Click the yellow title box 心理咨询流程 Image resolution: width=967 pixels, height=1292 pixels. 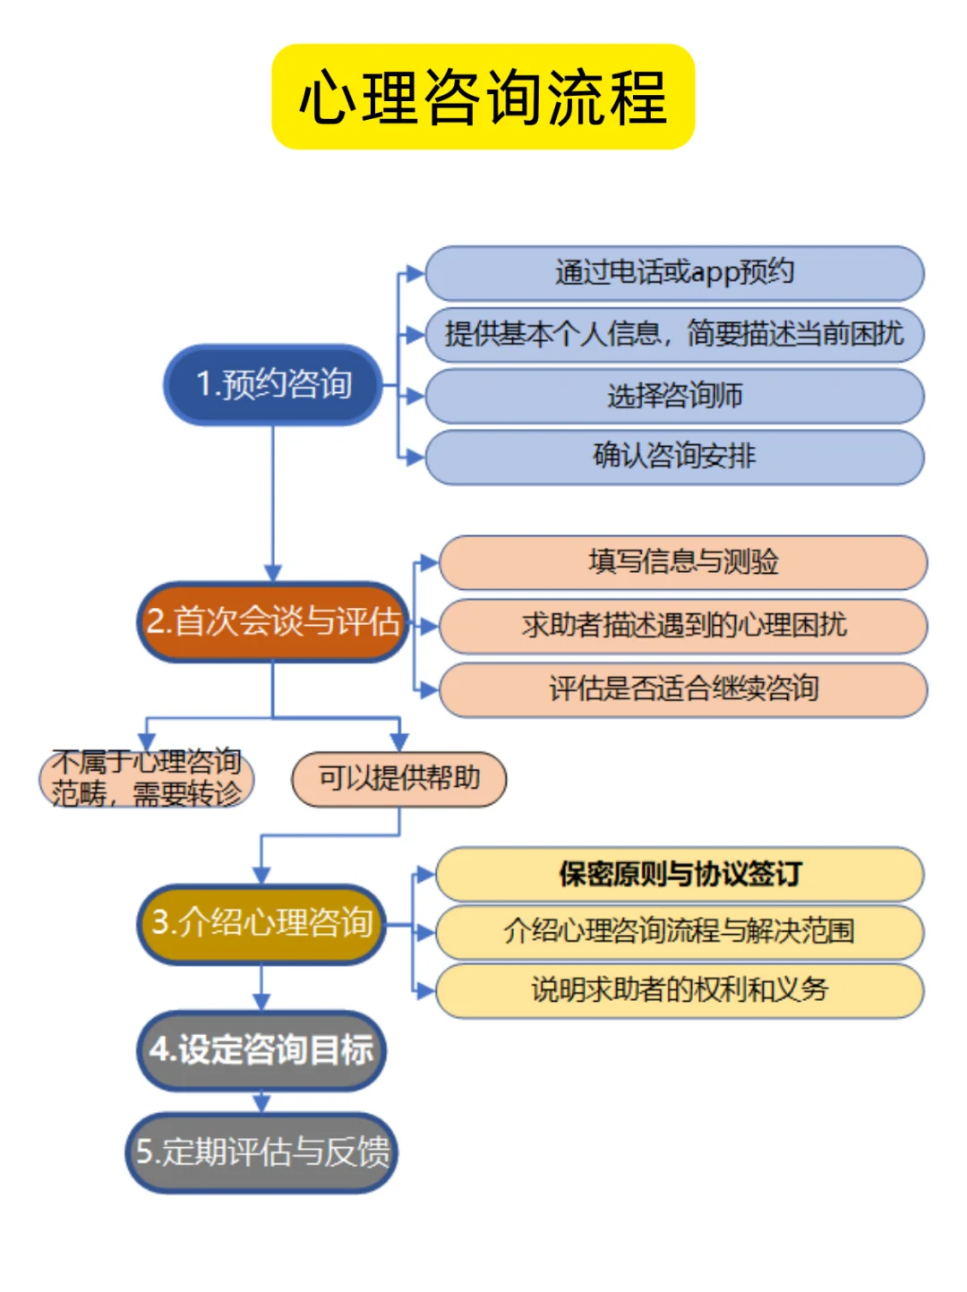[483, 97]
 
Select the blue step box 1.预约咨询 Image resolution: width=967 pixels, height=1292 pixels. [273, 384]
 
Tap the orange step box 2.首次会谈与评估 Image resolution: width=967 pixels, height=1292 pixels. [273, 621]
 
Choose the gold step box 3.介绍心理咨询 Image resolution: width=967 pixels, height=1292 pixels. [261, 923]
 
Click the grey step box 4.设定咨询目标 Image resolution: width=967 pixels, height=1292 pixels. [261, 1050]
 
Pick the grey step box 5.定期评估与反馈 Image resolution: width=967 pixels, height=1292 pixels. [261, 1152]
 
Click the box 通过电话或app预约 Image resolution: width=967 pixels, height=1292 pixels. [674, 273]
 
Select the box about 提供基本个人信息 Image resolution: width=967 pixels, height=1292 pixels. [674, 335]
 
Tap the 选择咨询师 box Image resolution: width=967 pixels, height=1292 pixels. [674, 396]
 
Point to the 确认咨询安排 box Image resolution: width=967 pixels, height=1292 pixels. [674, 457]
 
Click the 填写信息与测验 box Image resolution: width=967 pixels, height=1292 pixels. [683, 562]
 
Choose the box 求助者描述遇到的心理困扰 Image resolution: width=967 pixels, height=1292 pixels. [683, 625]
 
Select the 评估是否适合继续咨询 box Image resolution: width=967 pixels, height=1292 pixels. [683, 689]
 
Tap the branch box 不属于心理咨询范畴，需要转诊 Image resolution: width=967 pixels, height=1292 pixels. [147, 779]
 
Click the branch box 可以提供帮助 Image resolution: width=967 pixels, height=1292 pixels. [399, 779]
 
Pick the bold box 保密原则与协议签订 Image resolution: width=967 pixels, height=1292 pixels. [680, 874]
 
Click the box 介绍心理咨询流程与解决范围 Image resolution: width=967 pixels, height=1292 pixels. [680, 932]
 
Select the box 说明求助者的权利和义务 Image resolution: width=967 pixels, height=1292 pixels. [680, 990]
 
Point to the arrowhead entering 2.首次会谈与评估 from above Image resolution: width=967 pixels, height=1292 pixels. [273, 573]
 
